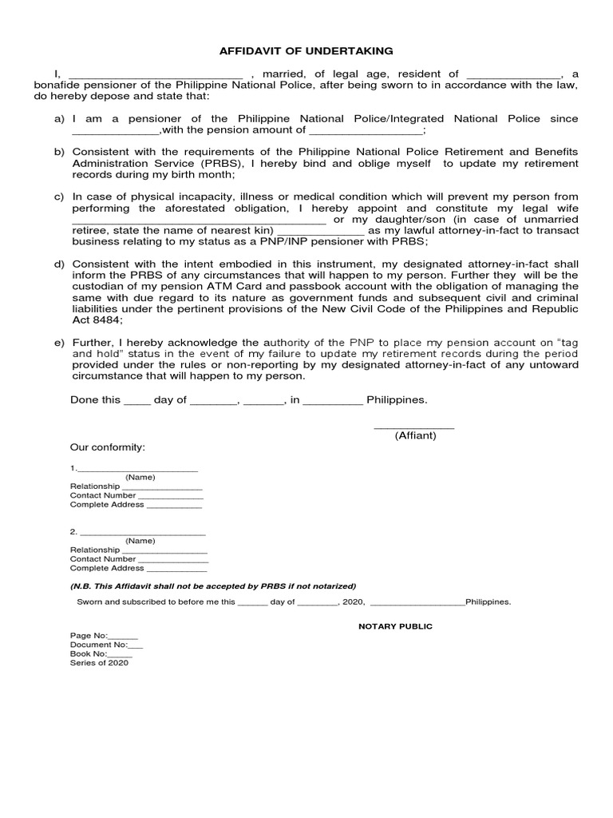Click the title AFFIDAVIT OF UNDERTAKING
[x=306, y=51]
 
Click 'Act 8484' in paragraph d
[x=97, y=320]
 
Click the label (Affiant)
[x=415, y=436]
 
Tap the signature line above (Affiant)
[x=414, y=427]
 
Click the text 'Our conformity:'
[x=108, y=447]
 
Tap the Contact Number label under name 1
[x=103, y=495]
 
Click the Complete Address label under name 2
[x=107, y=568]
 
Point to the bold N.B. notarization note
[x=213, y=586]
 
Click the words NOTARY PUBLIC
[x=394, y=626]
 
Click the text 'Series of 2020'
[x=99, y=662]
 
